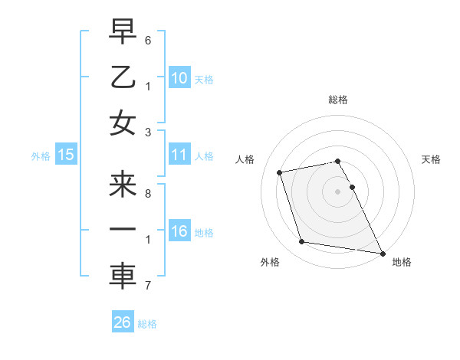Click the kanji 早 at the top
pyautogui.click(x=123, y=31)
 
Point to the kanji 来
pyautogui.click(x=123, y=185)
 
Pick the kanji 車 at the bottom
pyautogui.click(x=123, y=277)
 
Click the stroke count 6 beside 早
pyautogui.click(x=147, y=39)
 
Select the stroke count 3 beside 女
pyautogui.click(x=147, y=132)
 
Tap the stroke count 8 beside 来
pyautogui.click(x=147, y=193)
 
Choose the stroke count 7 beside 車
pyautogui.click(x=147, y=286)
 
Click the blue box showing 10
pyautogui.click(x=179, y=77)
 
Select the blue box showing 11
pyautogui.click(x=179, y=155)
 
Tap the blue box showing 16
pyautogui.click(x=179, y=232)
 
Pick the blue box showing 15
pyautogui.click(x=66, y=155)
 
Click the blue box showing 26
pyautogui.click(x=123, y=323)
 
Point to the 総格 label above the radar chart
pyautogui.click(x=337, y=100)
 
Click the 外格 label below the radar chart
pyautogui.click(x=270, y=262)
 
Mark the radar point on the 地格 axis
pyautogui.click(x=381, y=252)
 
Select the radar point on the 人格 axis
pyautogui.click(x=280, y=172)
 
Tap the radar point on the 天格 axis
pyautogui.click(x=353, y=187)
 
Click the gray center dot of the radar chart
pyautogui.click(x=337, y=191)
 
